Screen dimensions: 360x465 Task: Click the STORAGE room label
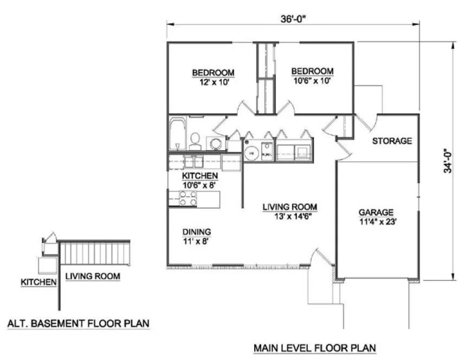[392, 141]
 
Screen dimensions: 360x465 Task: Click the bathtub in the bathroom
[177, 134]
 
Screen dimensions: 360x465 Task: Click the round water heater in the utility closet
[251, 152]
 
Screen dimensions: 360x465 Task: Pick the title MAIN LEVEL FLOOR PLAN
[314, 347]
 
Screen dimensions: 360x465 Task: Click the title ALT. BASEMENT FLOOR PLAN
[78, 324]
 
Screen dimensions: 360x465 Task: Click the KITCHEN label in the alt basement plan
[38, 282]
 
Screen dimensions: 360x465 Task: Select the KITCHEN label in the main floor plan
[200, 176]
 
